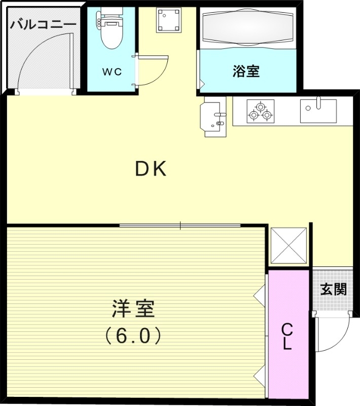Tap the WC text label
tap(112, 72)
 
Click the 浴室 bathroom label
tap(246, 72)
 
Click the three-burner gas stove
tap(260, 112)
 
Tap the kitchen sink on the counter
tap(318, 110)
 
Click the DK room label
tap(151, 169)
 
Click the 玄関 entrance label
tap(334, 290)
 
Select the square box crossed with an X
tap(290, 245)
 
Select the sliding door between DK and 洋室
tap(180, 225)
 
